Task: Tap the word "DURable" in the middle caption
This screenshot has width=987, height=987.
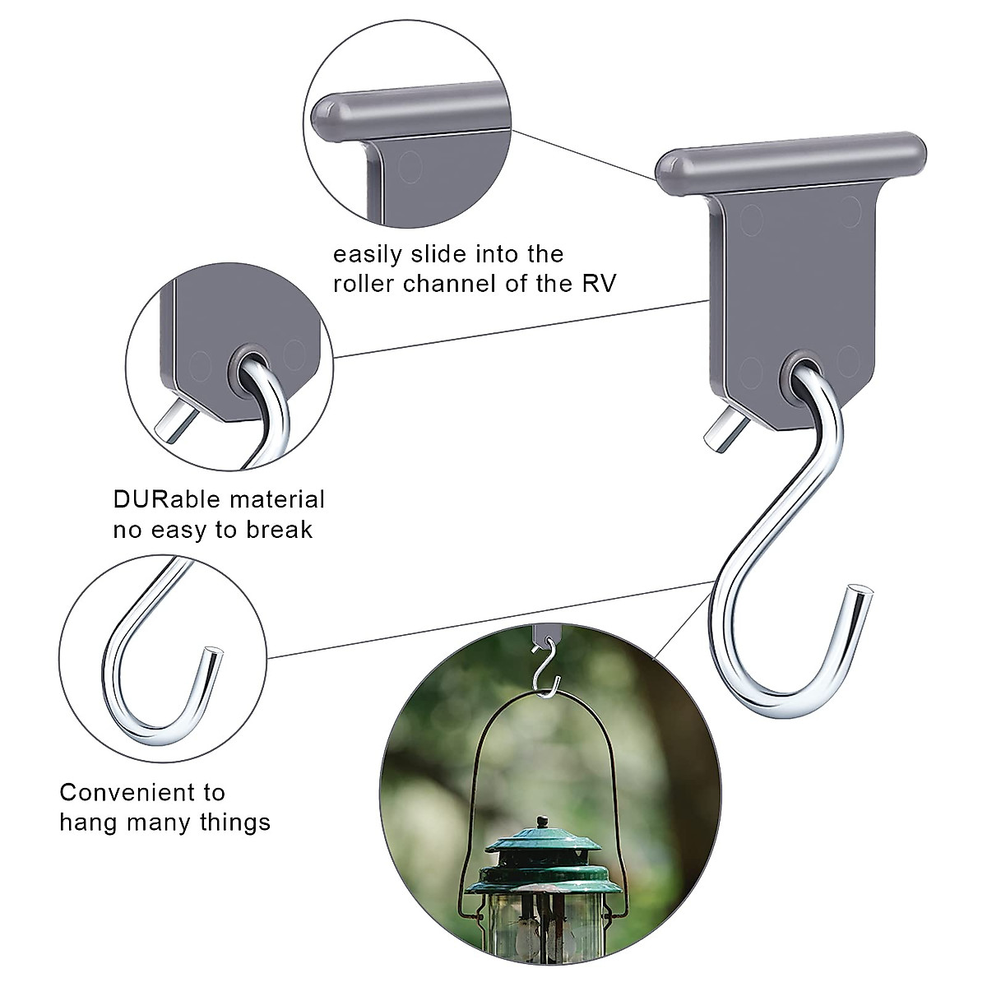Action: [162, 499]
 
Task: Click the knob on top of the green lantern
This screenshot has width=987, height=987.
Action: [541, 821]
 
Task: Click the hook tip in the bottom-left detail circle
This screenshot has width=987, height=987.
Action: [213, 655]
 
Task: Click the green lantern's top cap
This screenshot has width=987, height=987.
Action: [540, 851]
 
